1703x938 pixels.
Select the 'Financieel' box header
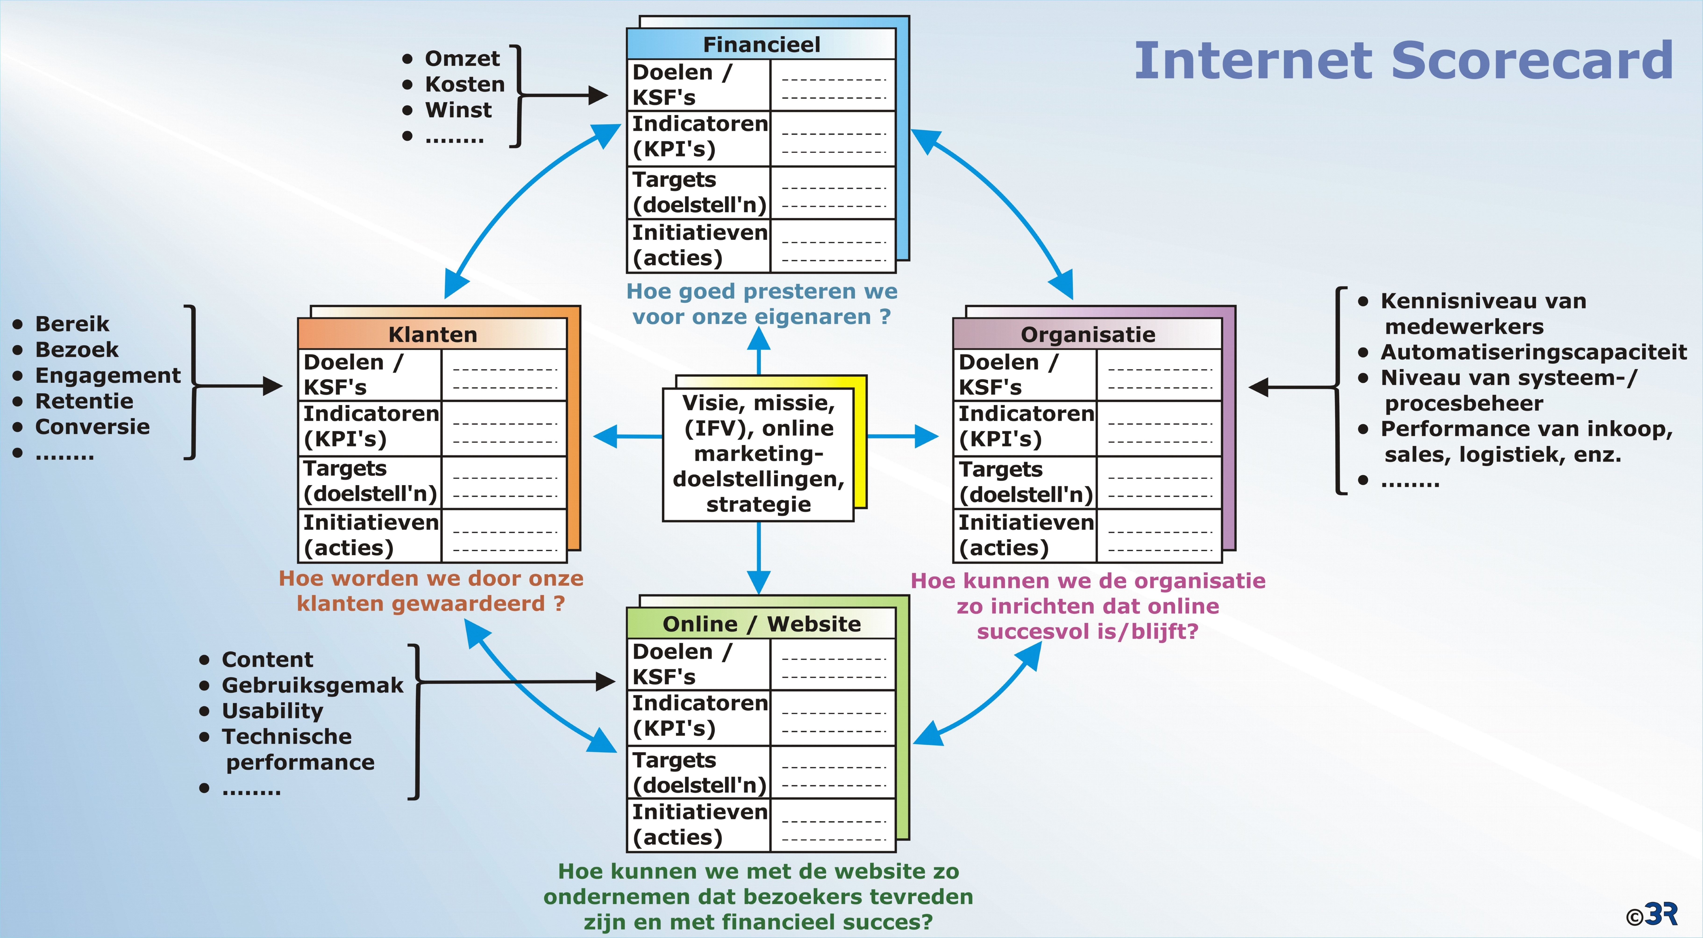tap(761, 44)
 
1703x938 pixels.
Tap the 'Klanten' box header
tap(432, 334)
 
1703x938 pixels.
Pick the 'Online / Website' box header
tap(761, 623)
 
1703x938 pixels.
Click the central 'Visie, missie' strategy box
tap(758, 454)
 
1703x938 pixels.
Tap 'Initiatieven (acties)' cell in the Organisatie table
tap(1025, 535)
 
